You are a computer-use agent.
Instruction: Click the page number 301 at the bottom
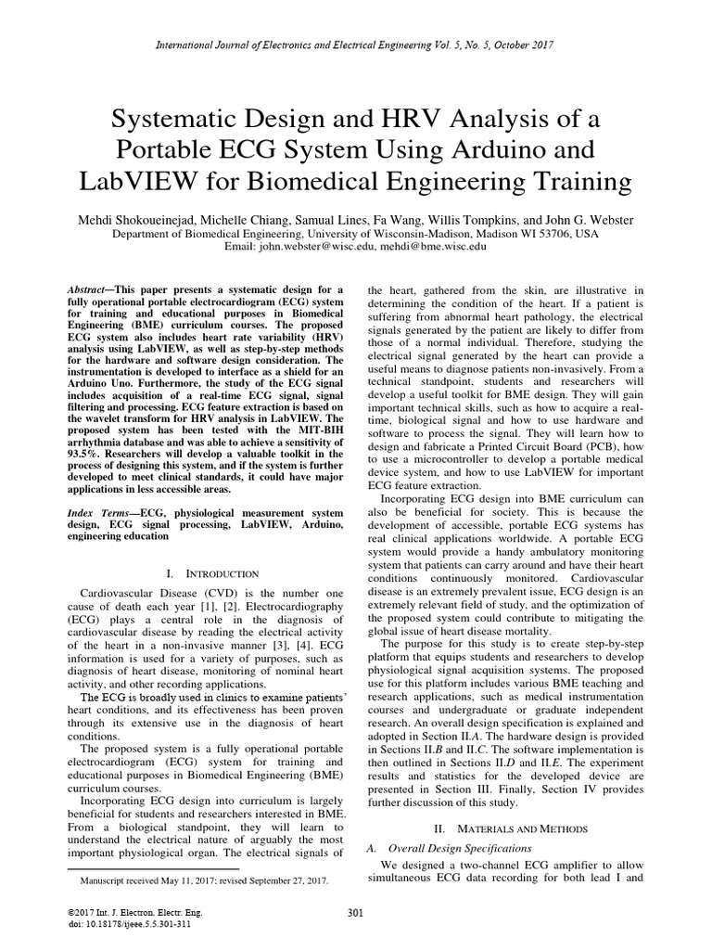tap(354, 914)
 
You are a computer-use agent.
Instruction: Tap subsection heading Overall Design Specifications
tap(460, 848)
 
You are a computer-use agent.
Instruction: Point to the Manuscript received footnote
tap(204, 878)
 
